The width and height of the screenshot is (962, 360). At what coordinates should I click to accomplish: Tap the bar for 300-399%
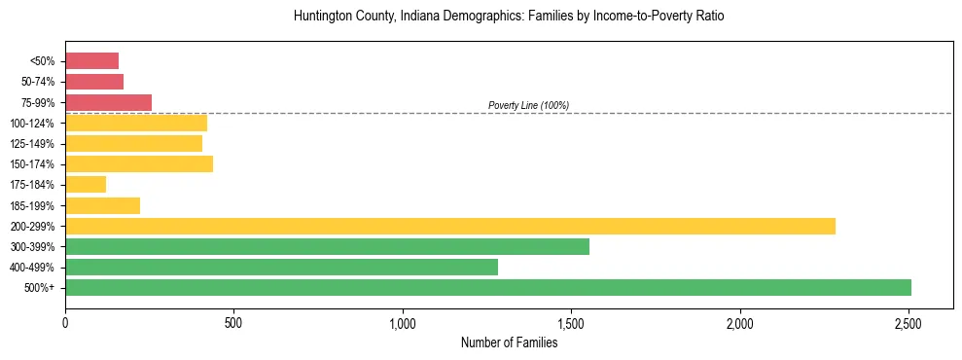(327, 246)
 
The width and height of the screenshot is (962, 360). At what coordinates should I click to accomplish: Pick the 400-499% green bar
(281, 267)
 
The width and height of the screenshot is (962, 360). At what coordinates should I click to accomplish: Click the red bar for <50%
(91, 61)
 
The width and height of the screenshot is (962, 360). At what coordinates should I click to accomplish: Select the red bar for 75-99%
(108, 102)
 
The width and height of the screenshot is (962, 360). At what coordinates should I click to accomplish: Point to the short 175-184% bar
(86, 184)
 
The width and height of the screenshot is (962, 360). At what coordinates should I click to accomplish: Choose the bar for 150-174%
(139, 163)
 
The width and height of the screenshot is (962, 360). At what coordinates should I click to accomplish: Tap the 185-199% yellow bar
(102, 205)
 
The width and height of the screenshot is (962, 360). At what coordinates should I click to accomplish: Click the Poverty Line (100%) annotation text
(528, 105)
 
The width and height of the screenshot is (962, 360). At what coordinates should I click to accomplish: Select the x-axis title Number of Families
(509, 342)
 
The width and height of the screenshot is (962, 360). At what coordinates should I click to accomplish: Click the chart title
(509, 17)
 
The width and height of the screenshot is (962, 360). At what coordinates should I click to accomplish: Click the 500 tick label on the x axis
(233, 322)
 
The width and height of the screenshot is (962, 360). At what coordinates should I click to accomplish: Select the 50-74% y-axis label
(37, 82)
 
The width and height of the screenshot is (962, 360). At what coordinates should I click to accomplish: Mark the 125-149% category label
(33, 143)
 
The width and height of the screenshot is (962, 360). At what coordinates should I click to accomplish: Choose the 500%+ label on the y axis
(40, 288)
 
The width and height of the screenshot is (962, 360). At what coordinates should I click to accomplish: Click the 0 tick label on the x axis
(65, 322)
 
